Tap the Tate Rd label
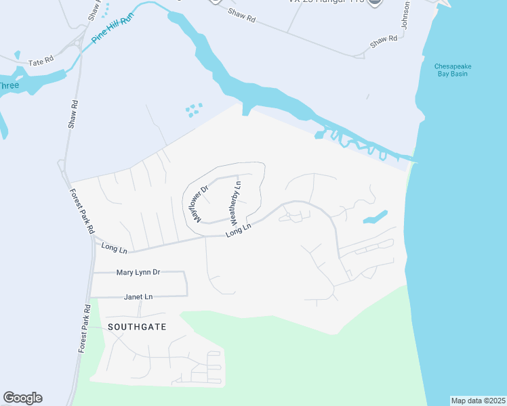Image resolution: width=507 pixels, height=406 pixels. point(40,62)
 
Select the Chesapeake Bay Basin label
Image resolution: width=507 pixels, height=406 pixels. point(453,70)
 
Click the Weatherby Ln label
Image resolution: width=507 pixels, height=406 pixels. point(236,203)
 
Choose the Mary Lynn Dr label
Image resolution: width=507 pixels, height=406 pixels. point(138,272)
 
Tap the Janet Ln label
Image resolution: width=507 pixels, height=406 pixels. point(138,296)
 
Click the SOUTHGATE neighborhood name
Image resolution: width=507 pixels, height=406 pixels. point(137,326)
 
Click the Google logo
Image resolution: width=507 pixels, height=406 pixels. point(22,398)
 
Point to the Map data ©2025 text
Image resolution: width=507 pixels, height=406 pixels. point(479,401)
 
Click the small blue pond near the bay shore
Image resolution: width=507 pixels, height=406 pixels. point(375,217)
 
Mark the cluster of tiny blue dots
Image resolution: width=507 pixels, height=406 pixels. point(194,110)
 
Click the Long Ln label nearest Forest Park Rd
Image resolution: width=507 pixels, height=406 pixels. point(114,248)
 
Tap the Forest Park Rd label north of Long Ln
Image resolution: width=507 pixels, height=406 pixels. point(81,212)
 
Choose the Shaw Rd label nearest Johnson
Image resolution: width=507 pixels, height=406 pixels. point(383,41)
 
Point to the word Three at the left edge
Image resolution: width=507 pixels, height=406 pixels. point(8,85)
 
